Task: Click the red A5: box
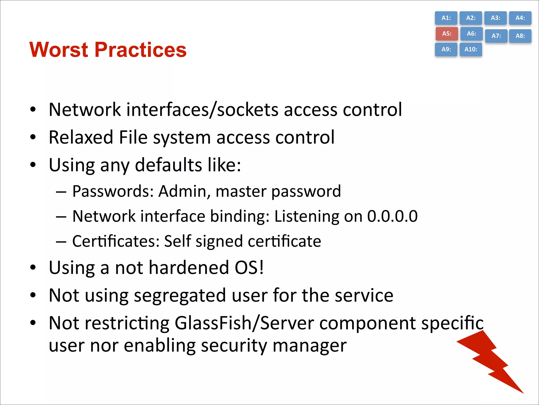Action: click(447, 34)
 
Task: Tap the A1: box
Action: click(446, 18)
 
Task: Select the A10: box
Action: click(471, 49)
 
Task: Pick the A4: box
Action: click(520, 18)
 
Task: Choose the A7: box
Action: click(496, 36)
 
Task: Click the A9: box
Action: click(446, 49)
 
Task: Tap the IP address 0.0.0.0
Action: click(392, 216)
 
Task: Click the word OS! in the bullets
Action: click(249, 268)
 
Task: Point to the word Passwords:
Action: click(113, 191)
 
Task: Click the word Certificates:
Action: click(116, 241)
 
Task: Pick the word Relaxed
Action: click(81, 137)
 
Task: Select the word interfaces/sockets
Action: click(202, 109)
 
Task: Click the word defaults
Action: click(168, 165)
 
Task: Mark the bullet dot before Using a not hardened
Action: click(33, 268)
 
